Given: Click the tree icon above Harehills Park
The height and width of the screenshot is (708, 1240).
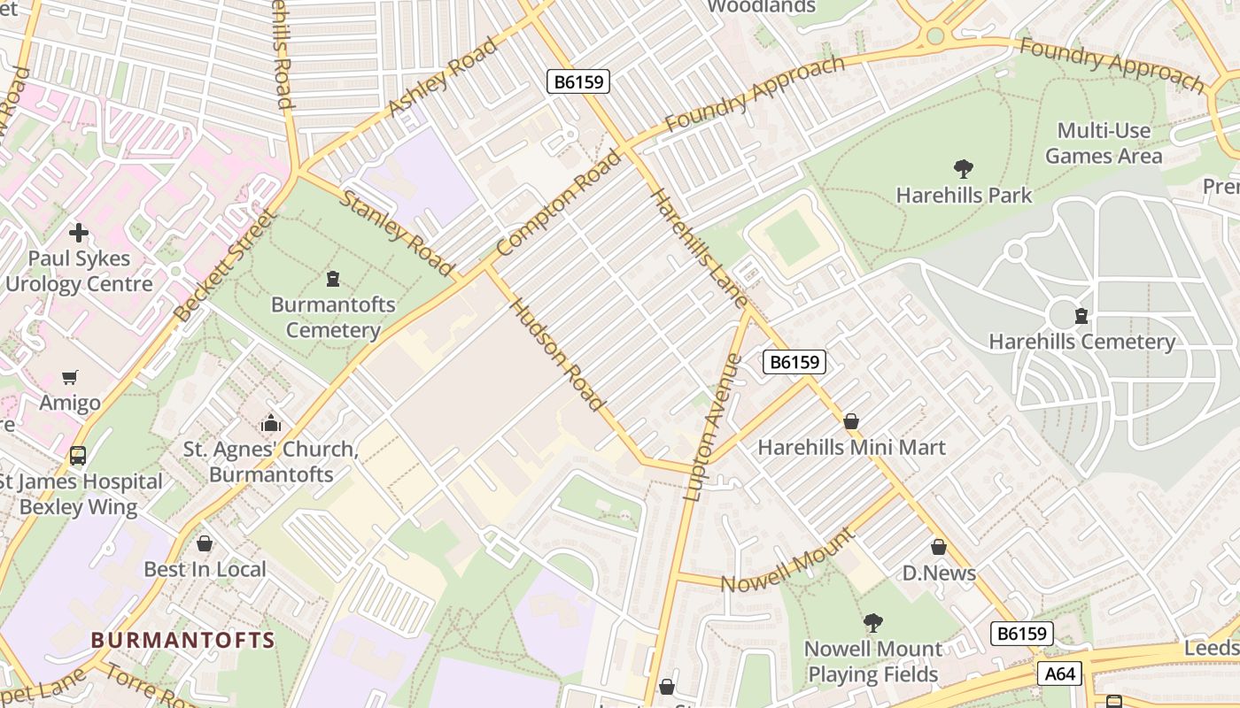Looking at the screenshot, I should [964, 168].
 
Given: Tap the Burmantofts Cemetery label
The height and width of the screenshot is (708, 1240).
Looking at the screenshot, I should [333, 318].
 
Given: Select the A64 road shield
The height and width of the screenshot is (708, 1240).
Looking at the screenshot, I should [1059, 674].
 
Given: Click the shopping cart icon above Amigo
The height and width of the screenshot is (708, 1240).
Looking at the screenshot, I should [70, 378].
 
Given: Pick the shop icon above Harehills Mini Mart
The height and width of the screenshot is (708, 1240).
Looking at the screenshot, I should [851, 421].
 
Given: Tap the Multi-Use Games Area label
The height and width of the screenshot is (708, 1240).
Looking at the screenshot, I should [1103, 143].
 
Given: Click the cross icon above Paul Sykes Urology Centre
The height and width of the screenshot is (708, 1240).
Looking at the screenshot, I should [79, 233].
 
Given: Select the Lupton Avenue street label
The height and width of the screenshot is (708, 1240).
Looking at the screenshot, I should [712, 427].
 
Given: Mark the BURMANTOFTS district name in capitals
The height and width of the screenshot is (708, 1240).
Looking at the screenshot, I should [183, 640].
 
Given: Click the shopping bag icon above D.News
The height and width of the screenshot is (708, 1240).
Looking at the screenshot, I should [939, 548].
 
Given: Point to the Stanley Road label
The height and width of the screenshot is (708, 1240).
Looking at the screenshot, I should [398, 232].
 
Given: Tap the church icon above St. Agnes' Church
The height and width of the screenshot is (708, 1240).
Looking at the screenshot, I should [271, 423].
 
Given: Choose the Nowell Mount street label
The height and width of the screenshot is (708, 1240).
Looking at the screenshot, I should [787, 561].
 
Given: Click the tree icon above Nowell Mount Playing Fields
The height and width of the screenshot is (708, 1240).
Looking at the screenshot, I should [873, 623].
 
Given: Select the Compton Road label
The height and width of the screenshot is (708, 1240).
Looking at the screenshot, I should [559, 204].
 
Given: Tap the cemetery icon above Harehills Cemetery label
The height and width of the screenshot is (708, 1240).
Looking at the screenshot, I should [1081, 316].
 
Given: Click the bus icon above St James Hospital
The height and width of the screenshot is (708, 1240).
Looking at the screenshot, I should [78, 457].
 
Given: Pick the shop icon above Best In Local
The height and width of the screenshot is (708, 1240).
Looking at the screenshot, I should [205, 543].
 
